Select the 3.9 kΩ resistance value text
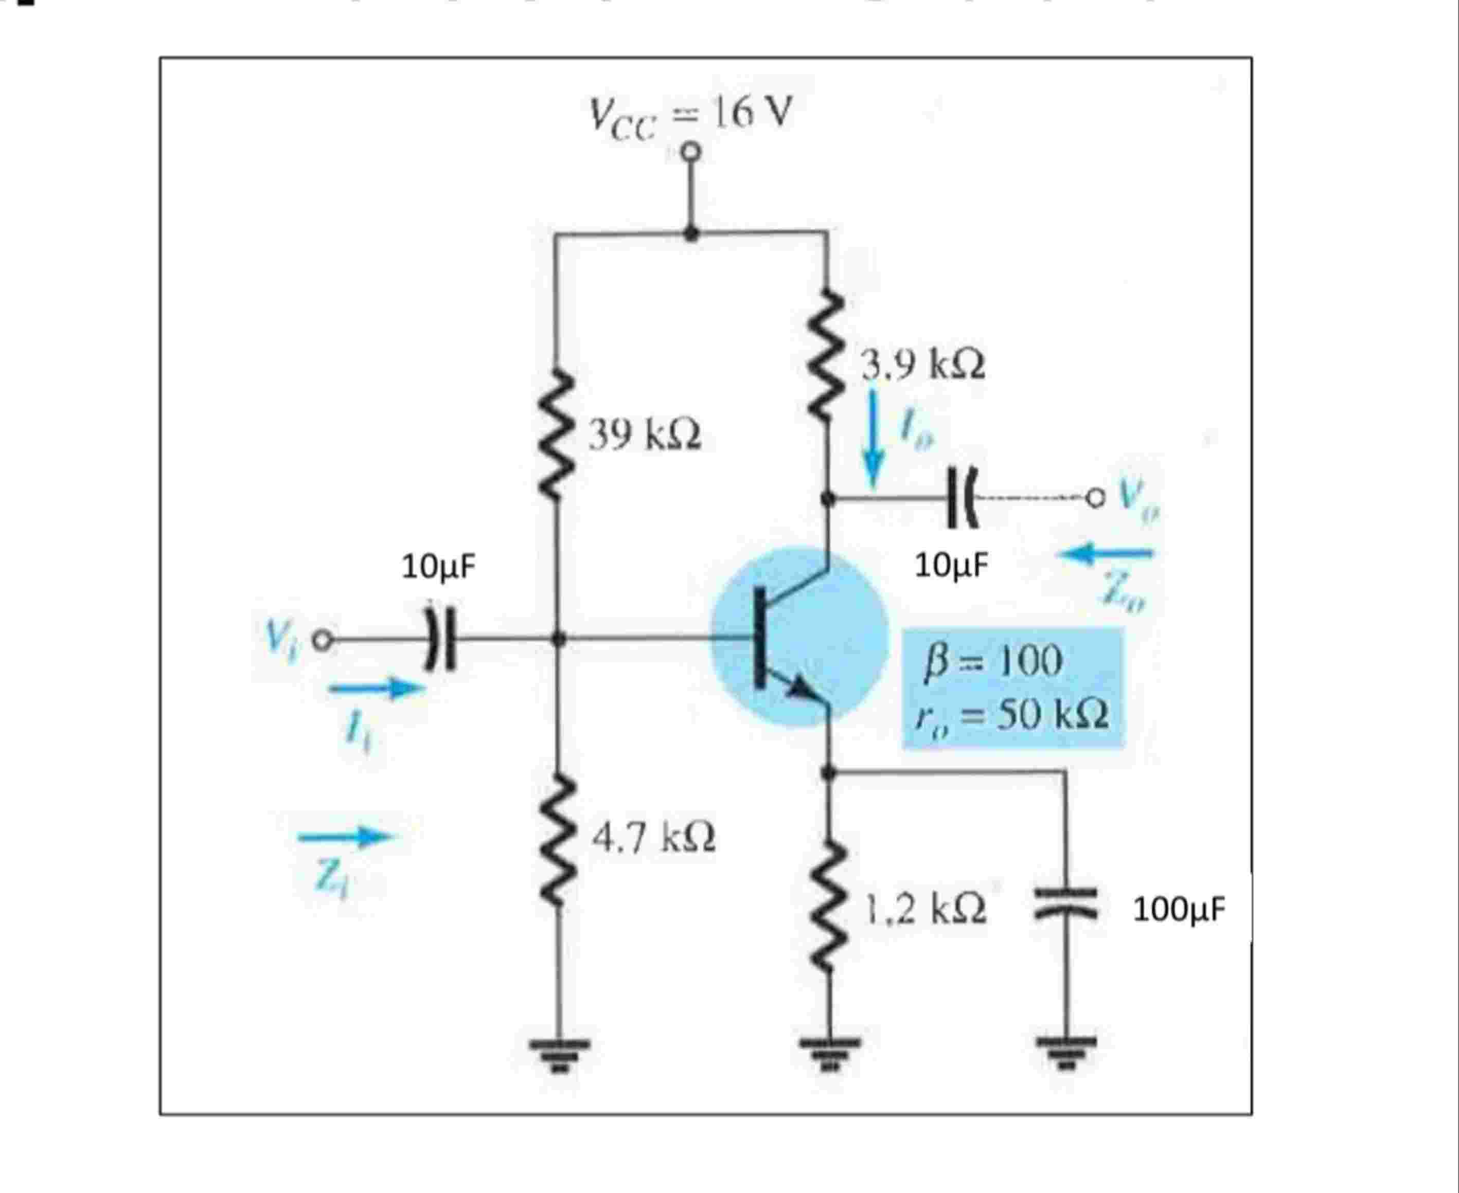point(923,365)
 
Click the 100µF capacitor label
point(1179,909)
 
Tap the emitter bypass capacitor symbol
point(1065,902)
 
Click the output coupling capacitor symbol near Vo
point(961,497)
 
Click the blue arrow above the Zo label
point(1108,552)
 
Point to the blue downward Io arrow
point(873,440)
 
